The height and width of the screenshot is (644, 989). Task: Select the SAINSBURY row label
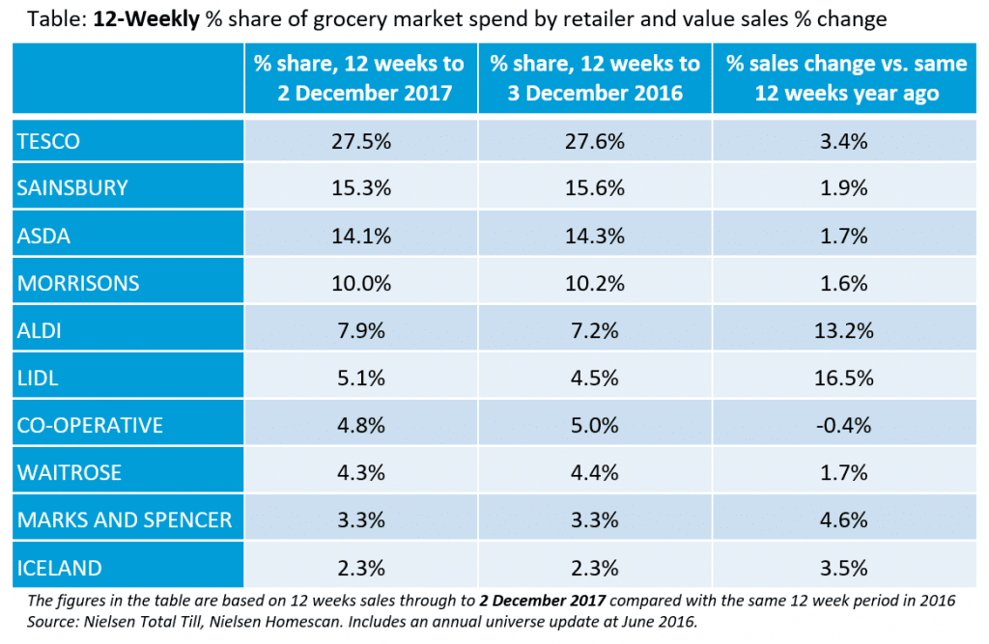pos(72,188)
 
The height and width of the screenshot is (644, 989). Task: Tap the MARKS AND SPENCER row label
pos(125,520)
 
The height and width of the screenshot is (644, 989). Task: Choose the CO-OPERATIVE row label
pos(90,426)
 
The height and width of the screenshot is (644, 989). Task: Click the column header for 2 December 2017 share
pos(359,78)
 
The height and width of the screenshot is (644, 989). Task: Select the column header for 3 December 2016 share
pos(595,78)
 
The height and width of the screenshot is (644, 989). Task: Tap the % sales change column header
pos(847,78)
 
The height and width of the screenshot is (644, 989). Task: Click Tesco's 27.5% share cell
pos(359,142)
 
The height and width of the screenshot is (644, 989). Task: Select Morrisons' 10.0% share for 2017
pos(359,284)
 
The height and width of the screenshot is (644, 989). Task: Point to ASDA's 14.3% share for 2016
pos(595,237)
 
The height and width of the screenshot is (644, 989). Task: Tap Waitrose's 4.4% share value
pos(595,473)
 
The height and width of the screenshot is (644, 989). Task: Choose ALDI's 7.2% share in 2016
pos(595,331)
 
